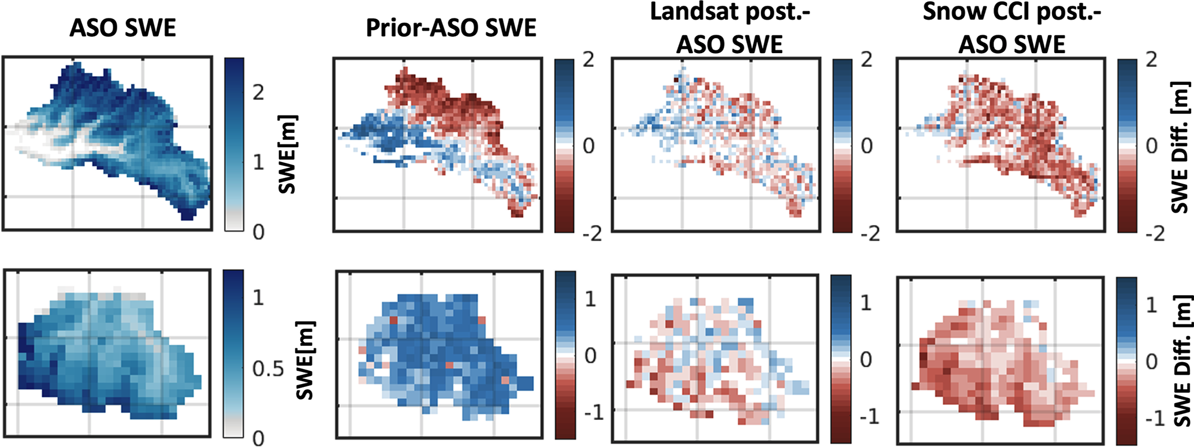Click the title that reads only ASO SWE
click(x=122, y=28)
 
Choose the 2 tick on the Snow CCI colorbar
click(x=1151, y=59)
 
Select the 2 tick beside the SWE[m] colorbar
click(x=258, y=92)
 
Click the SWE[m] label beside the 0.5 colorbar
click(x=305, y=360)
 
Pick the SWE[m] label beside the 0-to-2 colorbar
click(x=287, y=154)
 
